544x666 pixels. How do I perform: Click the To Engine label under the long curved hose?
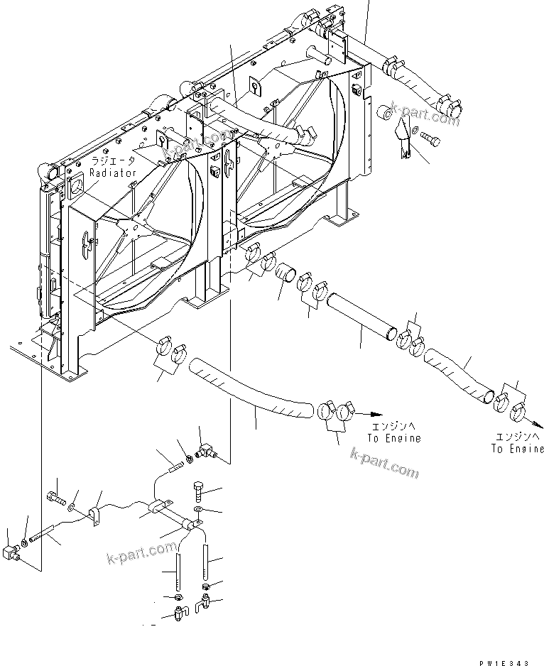[393, 438]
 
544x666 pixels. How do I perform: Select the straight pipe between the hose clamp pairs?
[359, 309]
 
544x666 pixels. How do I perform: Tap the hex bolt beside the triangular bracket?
[430, 138]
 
